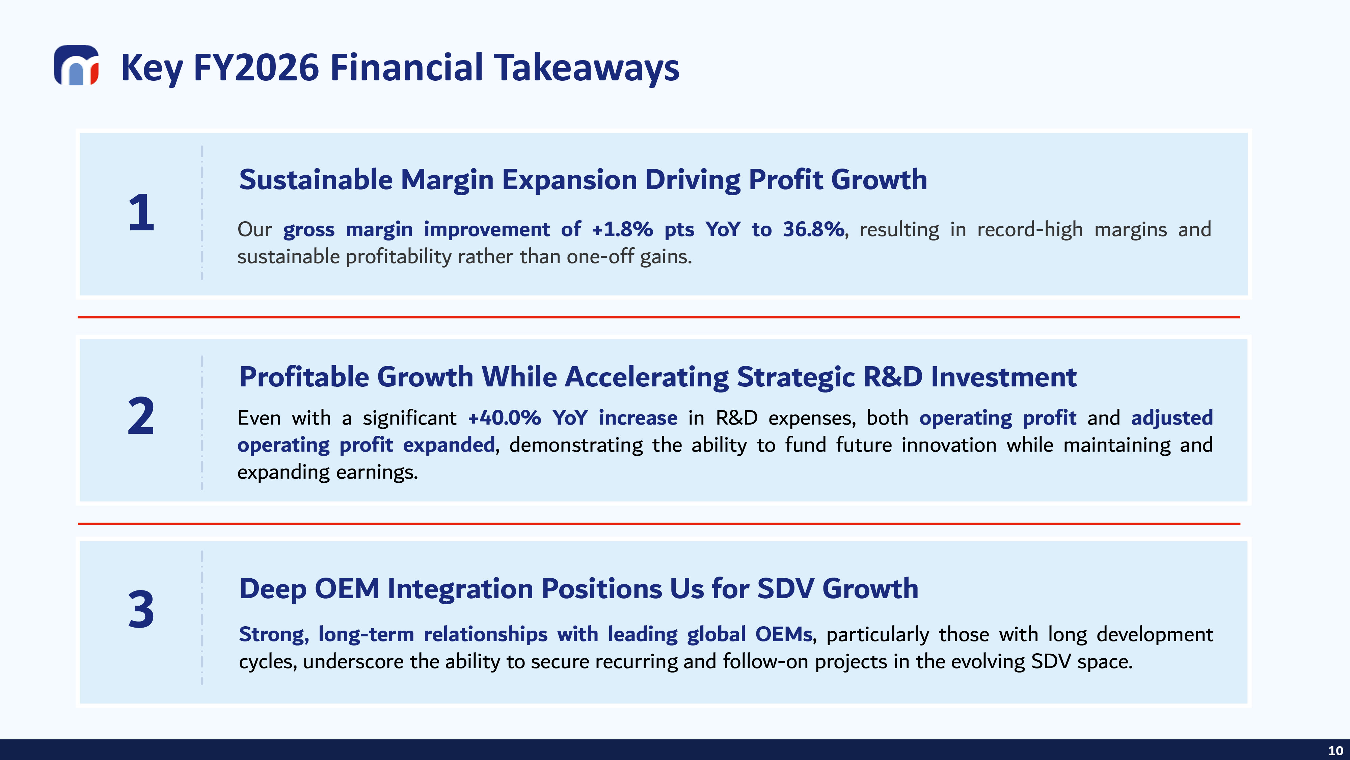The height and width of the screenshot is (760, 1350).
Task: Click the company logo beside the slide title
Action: click(77, 65)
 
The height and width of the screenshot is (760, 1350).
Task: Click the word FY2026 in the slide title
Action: click(256, 67)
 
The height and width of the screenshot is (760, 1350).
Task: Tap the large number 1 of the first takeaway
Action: click(141, 212)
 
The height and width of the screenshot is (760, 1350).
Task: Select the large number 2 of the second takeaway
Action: click(141, 415)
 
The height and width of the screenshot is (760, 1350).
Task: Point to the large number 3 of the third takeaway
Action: click(141, 609)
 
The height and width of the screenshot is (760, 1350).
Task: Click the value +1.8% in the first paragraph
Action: click(622, 229)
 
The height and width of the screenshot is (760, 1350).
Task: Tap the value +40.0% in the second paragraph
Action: click(504, 418)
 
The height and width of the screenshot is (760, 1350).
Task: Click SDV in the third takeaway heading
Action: click(785, 588)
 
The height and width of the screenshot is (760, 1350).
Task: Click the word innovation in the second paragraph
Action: click(949, 445)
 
